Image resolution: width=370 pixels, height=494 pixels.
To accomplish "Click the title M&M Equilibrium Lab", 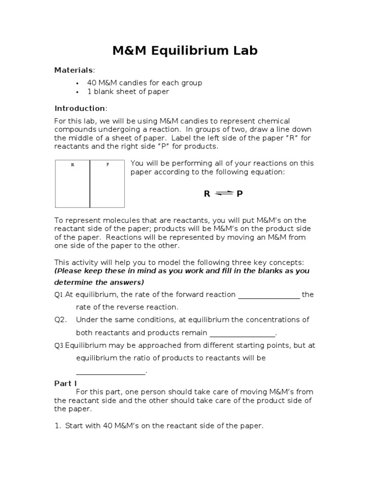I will pyautogui.click(x=185, y=51).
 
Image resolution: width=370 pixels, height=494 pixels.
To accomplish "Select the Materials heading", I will pyautogui.click(x=73, y=70).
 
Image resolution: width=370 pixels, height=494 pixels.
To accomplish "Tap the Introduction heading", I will pyautogui.click(x=79, y=108).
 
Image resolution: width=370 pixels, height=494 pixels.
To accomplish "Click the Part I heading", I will pyautogui.click(x=65, y=384).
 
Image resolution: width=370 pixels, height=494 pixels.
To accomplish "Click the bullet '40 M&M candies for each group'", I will pyautogui.click(x=145, y=82).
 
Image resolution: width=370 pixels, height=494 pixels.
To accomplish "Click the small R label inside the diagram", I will pyautogui.click(x=73, y=165).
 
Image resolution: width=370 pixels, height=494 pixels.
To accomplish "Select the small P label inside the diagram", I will pyautogui.click(x=107, y=165).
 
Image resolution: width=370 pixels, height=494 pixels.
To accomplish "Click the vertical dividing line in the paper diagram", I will pyautogui.click(x=90, y=183).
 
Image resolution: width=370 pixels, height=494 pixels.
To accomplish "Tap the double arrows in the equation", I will pyautogui.click(x=224, y=193).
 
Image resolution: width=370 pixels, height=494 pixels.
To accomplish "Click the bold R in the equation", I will pyautogui.click(x=207, y=194).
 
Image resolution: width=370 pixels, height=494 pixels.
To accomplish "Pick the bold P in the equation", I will pyautogui.click(x=239, y=194).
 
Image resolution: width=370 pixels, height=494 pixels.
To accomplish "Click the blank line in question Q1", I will pyautogui.click(x=269, y=298).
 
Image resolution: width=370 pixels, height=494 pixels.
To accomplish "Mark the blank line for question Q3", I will pyautogui.click(x=111, y=373).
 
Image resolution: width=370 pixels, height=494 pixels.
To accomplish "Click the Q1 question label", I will pyautogui.click(x=59, y=295).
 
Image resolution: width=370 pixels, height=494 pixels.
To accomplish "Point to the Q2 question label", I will pyautogui.click(x=60, y=320).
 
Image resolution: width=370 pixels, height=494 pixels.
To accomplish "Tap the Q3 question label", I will pyautogui.click(x=59, y=345).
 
